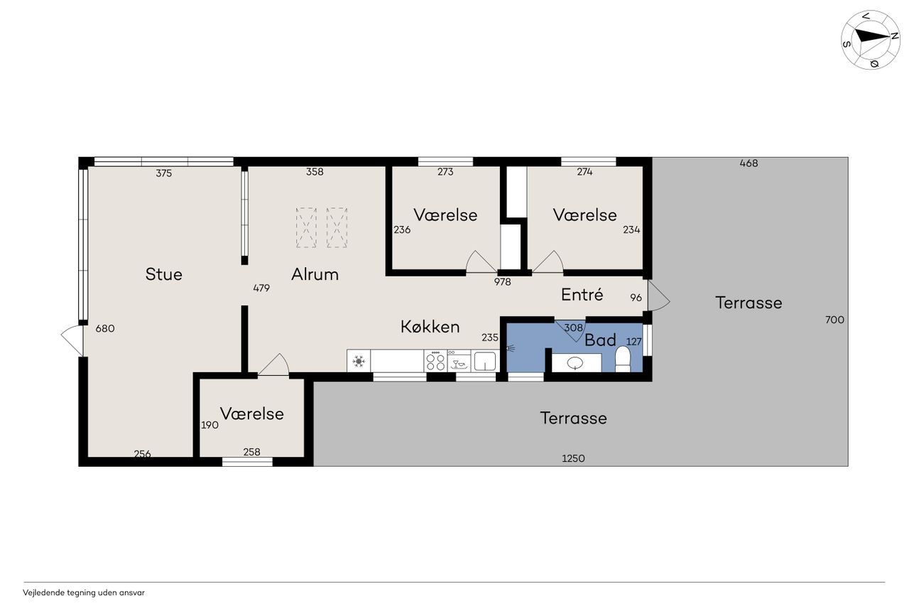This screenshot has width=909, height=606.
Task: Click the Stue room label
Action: [163, 274]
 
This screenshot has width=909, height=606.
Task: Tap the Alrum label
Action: [315, 274]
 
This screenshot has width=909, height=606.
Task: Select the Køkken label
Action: [430, 327]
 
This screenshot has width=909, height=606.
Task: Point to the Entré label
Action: [582, 295]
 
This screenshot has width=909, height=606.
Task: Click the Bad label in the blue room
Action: [600, 340]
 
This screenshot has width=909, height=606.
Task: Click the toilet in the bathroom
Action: [623, 359]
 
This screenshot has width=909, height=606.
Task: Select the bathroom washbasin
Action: [576, 362]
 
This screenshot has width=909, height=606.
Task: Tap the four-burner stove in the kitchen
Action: [436, 360]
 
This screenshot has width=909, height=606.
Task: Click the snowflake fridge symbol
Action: [359, 361]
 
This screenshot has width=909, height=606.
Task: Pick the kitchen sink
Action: [485, 361]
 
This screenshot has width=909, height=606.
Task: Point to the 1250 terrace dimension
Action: [573, 458]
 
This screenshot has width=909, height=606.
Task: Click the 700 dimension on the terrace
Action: [834, 320]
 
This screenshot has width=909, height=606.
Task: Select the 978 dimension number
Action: [502, 282]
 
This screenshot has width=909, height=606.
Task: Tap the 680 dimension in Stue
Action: [105, 328]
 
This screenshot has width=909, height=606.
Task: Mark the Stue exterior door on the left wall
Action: [72, 340]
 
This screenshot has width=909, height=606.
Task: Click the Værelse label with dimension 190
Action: [251, 413]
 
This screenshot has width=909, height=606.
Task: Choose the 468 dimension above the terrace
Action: [749, 163]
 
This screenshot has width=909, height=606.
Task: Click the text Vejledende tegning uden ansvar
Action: [84, 593]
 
